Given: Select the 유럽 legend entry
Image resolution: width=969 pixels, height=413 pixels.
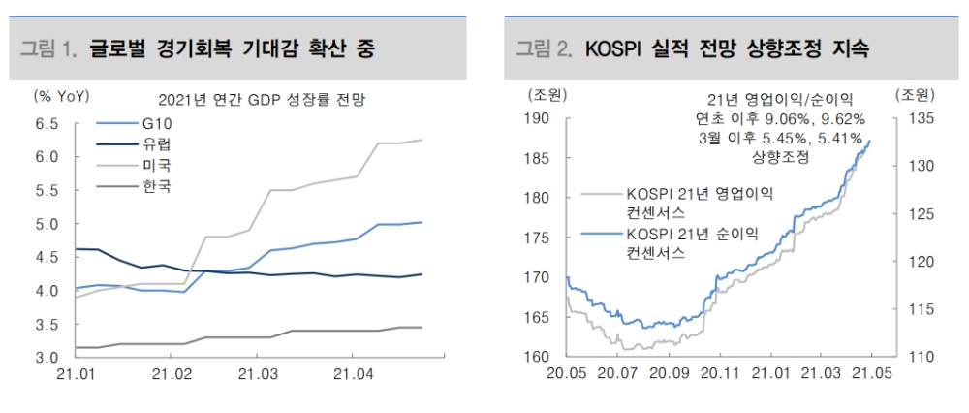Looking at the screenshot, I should pyautogui.click(x=156, y=144).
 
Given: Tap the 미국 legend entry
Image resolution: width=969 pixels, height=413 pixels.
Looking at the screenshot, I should pyautogui.click(x=156, y=165).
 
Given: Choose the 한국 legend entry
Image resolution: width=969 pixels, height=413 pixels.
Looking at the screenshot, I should pyautogui.click(x=156, y=185).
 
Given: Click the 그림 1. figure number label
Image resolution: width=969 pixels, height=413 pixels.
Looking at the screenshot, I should pyautogui.click(x=47, y=48).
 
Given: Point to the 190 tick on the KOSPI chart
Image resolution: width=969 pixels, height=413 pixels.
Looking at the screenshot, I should pyautogui.click(x=539, y=118).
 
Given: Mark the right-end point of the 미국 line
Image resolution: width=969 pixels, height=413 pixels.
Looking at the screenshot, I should pyautogui.click(x=422, y=140).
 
